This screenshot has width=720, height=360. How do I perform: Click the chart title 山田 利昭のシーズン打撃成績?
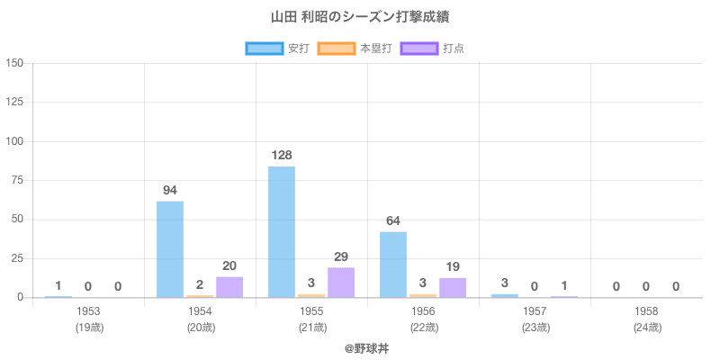point(360,17)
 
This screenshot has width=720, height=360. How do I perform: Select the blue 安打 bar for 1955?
point(282,231)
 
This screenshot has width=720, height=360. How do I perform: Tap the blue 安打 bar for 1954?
point(170,248)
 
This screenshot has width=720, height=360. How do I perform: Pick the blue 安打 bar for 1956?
point(393,265)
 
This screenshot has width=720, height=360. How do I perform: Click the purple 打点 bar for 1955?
point(341,282)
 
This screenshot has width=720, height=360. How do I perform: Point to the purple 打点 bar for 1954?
point(229,287)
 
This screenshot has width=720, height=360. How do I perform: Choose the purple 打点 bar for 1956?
point(453,288)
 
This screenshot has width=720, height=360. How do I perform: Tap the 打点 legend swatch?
point(418,49)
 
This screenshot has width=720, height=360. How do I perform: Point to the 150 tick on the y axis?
point(14,64)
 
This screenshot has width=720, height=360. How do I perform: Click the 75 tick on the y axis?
point(17,181)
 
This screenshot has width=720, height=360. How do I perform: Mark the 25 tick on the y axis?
point(17,258)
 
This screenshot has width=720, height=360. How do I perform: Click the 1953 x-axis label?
point(88,311)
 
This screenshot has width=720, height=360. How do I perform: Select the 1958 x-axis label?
point(646,311)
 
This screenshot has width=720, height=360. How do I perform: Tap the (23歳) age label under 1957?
point(535,328)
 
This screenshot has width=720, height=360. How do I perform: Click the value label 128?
point(282,156)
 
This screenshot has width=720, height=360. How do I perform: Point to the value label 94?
point(170,191)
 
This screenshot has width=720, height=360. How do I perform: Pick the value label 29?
point(341,257)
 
